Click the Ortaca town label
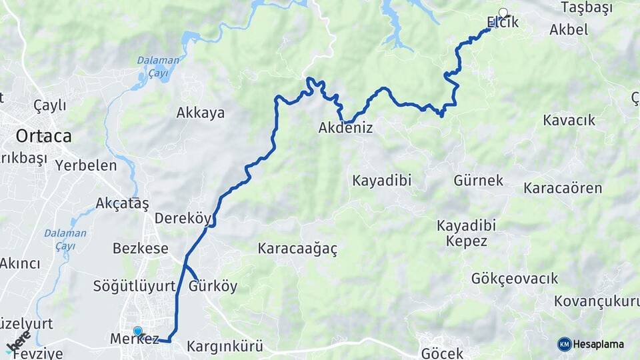43,136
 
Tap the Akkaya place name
200,113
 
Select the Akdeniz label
345,128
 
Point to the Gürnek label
478,180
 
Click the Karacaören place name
562,188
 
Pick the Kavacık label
569,120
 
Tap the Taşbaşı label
586,7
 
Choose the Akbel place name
569,29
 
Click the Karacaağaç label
297,249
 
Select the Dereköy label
183,218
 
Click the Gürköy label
213,287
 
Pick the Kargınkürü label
224,347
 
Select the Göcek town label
441,351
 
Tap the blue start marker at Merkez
138,331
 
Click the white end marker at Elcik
503,13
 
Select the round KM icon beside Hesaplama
564,344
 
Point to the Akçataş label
122,203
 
